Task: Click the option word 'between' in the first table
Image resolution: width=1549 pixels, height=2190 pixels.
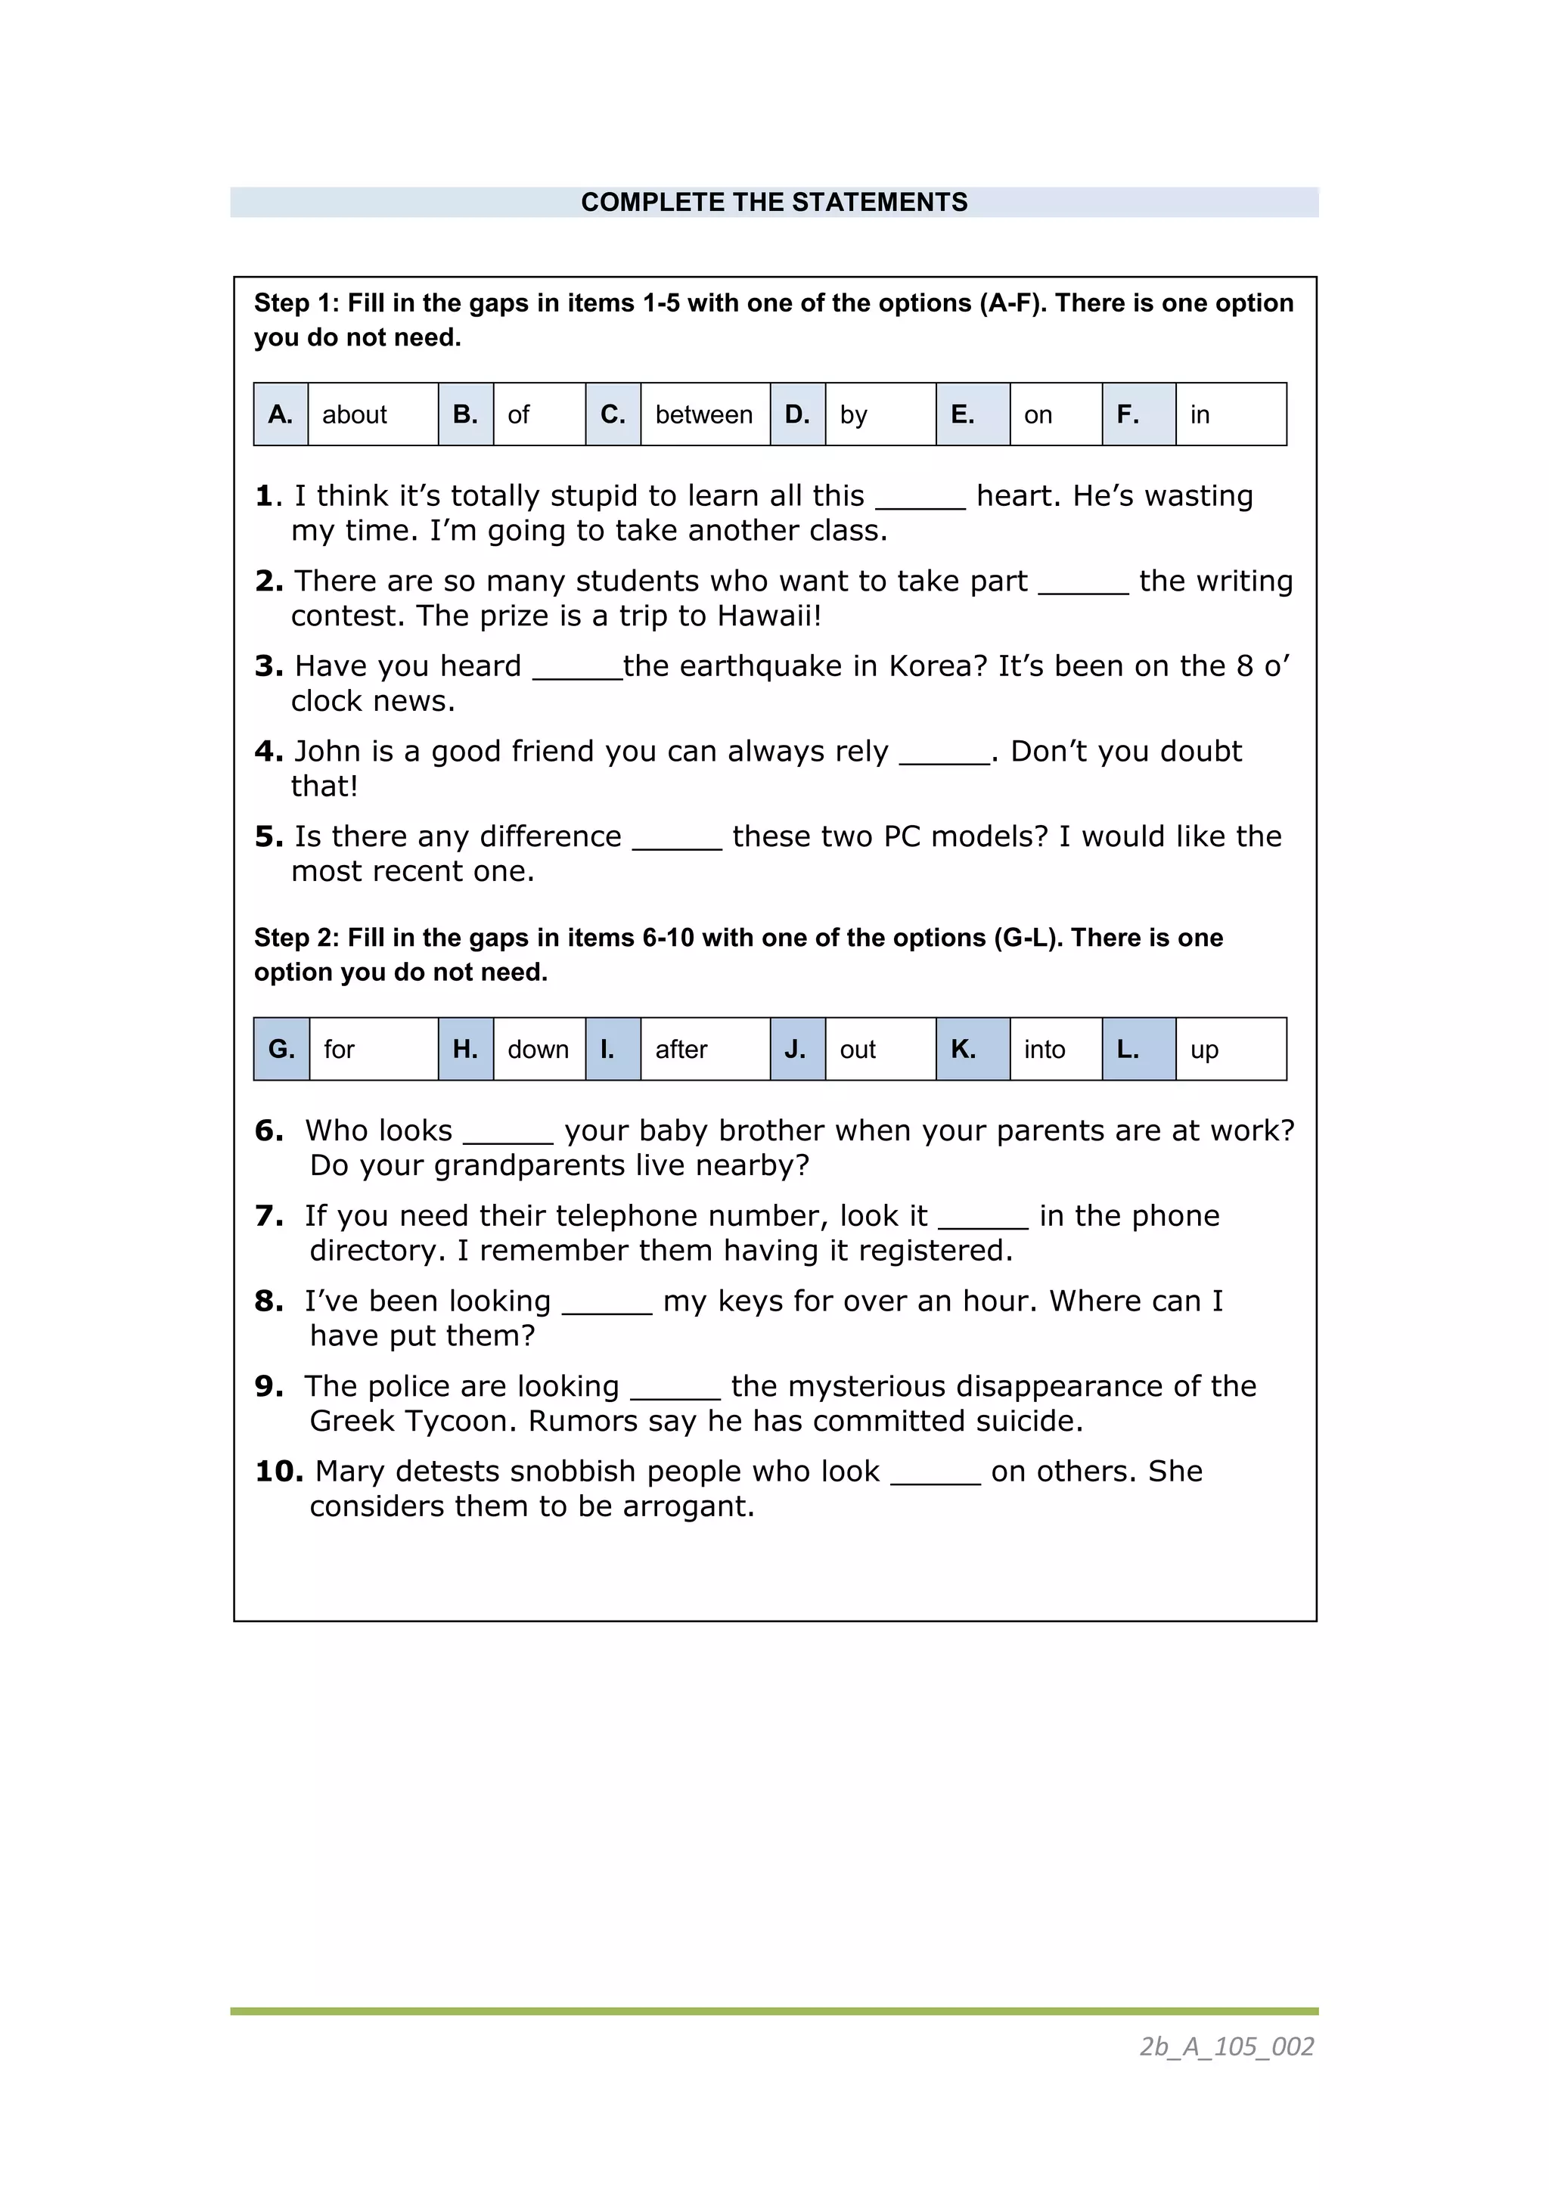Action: [x=704, y=415]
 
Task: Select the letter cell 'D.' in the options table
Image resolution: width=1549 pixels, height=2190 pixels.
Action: [x=797, y=415]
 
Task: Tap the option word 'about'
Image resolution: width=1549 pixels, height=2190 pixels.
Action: [x=354, y=415]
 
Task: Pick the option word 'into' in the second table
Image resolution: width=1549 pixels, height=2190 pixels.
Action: [x=1045, y=1049]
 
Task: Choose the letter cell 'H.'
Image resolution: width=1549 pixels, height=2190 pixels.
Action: [x=465, y=1049]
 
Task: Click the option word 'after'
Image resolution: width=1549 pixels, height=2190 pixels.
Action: [x=681, y=1049]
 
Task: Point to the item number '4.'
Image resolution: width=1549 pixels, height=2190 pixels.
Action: [x=269, y=752]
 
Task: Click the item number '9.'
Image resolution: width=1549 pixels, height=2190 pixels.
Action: [x=269, y=1386]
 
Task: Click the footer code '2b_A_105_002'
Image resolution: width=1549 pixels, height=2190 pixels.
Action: [x=1227, y=2046]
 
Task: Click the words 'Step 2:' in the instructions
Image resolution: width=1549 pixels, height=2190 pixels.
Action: [x=296, y=938]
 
